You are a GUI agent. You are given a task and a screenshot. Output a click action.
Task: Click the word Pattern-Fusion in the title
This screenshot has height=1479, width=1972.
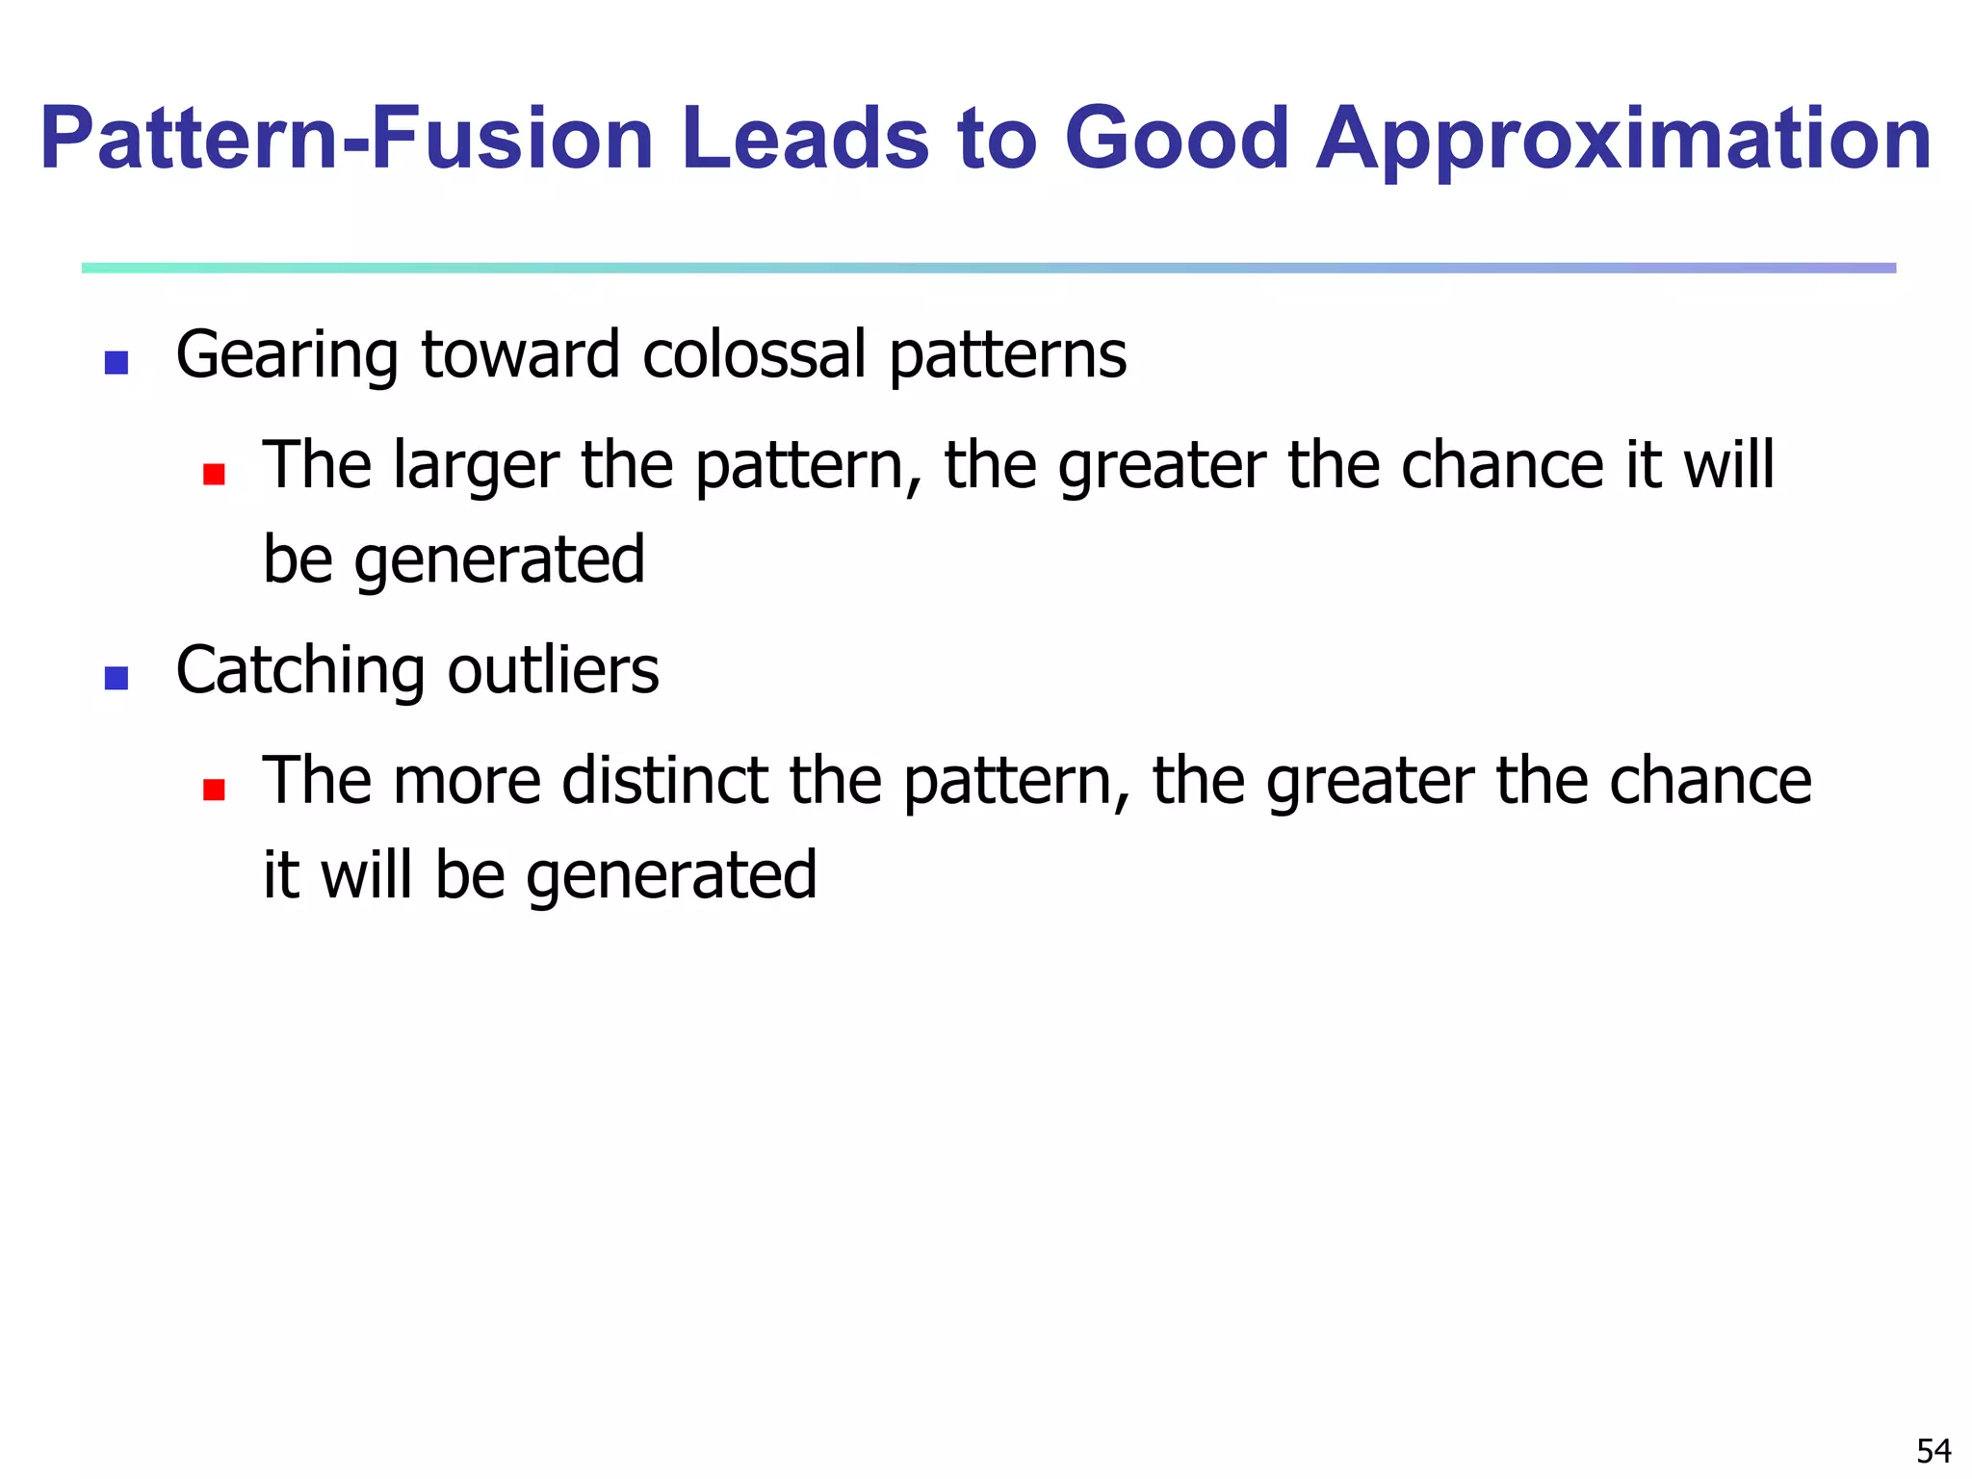pos(347,140)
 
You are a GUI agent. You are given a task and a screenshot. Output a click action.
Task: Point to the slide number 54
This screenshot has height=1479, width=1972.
pos(1933,1450)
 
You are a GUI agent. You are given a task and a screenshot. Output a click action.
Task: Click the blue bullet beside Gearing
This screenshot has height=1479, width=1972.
pos(117,363)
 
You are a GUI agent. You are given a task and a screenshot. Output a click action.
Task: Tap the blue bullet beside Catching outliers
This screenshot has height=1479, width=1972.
pos(117,679)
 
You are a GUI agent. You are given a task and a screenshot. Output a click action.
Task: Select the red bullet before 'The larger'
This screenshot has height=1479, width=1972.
pos(214,474)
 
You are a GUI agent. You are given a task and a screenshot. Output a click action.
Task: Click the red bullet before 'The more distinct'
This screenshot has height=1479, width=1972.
pos(214,790)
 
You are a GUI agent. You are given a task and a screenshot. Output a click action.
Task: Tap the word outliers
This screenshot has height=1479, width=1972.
pos(553,670)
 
